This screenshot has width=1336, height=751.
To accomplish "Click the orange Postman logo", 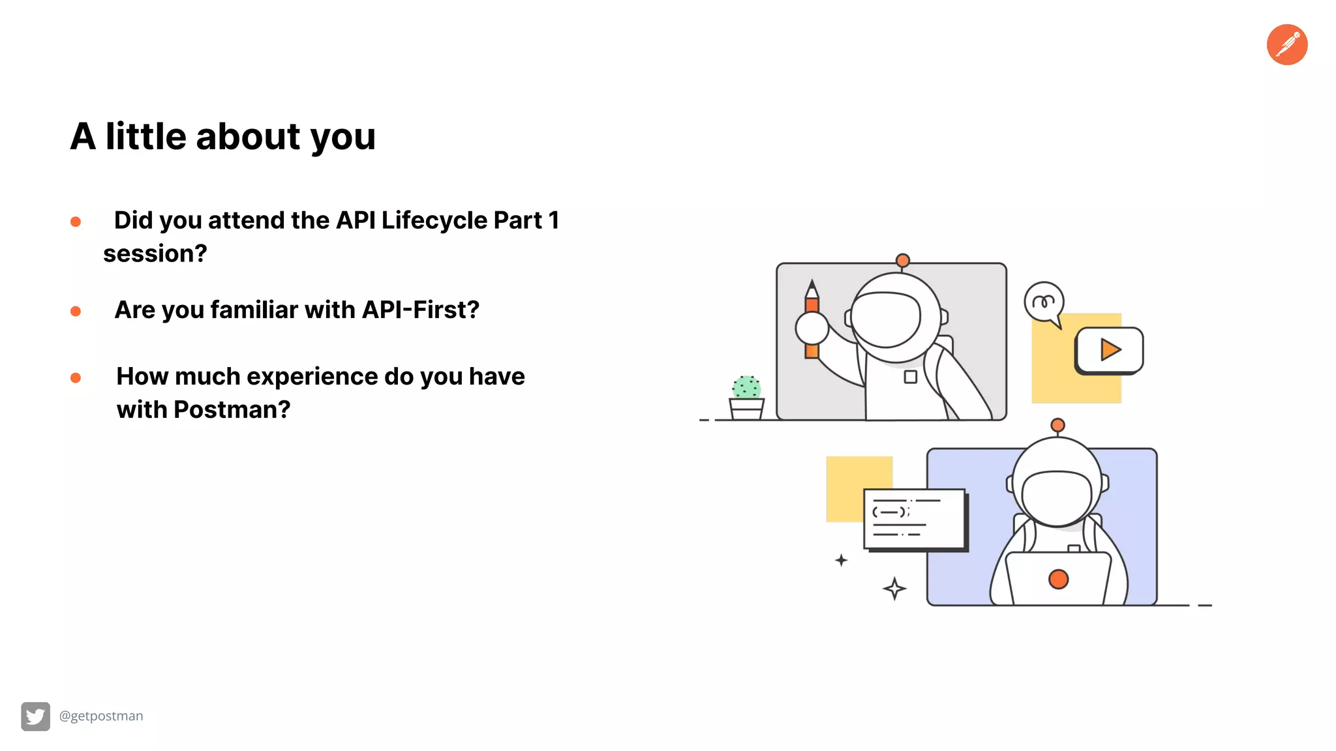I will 1286,45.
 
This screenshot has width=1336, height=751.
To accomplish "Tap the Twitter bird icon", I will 35,716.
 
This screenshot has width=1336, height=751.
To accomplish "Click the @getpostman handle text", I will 101,716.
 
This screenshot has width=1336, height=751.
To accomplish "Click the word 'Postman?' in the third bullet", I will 232,409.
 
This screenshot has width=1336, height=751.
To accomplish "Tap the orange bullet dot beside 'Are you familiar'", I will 76,312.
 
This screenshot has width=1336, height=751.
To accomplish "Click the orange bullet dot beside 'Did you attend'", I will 76,222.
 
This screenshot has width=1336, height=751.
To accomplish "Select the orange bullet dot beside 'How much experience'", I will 76,378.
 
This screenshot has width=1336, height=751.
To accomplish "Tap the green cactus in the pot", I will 746,387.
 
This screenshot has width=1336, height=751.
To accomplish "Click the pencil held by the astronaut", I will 812,319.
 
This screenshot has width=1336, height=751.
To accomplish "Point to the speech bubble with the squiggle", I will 1044,302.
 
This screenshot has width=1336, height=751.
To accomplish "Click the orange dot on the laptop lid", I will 1058,579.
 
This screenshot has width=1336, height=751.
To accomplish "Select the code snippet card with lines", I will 914,519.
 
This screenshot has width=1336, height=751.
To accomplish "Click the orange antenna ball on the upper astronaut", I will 903,261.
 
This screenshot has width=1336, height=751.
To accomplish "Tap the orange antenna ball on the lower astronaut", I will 1057,426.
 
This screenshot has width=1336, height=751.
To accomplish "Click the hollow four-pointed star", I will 894,589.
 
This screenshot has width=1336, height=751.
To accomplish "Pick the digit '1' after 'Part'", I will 553,220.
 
